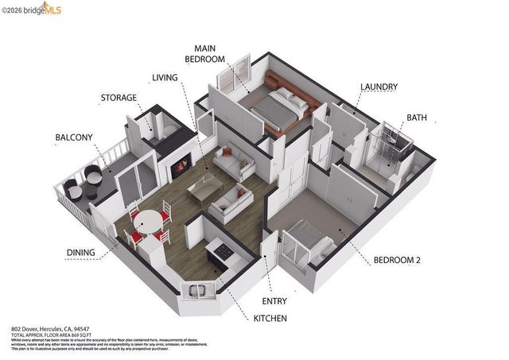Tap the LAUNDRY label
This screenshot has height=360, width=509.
pyautogui.click(x=379, y=86)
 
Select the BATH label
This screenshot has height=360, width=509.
pyautogui.click(x=417, y=118)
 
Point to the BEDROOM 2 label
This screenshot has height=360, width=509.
pyautogui.click(x=398, y=260)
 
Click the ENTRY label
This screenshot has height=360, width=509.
pyautogui.click(x=274, y=301)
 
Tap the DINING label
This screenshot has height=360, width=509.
pyautogui.click(x=81, y=253)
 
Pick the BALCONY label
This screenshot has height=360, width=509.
pyautogui.click(x=74, y=137)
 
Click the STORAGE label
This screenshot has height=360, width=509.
pyautogui.click(x=119, y=98)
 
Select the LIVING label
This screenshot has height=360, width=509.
pyautogui.click(x=166, y=77)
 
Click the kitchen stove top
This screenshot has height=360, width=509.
pyautogui.click(x=222, y=251)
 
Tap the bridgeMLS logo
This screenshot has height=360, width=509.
pyautogui.click(x=31, y=9)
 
